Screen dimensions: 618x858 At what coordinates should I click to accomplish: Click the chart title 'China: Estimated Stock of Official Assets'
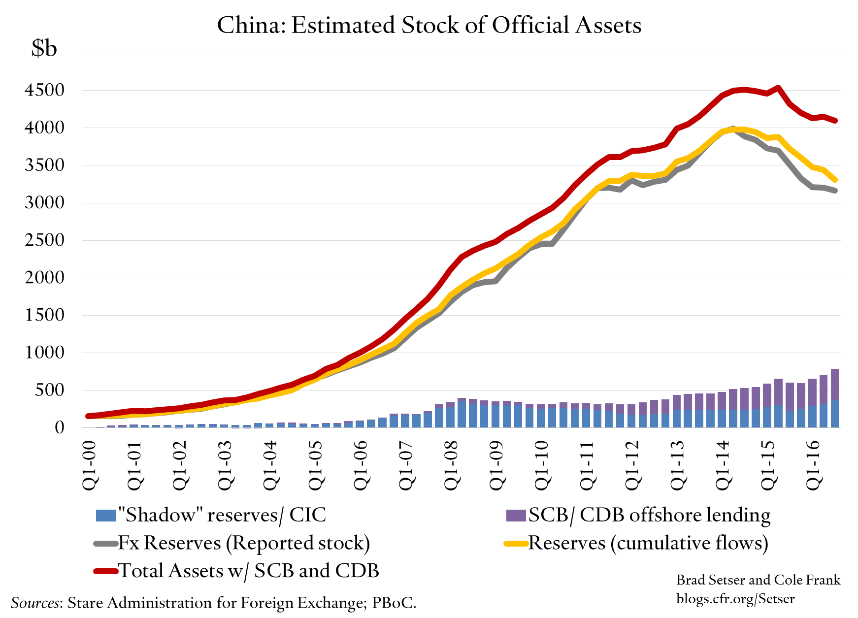tap(429, 26)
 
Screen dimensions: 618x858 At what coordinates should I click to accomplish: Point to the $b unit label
tap(44, 48)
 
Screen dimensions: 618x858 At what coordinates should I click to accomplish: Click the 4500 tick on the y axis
tap(44, 90)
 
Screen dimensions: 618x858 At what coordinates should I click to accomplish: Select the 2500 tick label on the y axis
tap(44, 240)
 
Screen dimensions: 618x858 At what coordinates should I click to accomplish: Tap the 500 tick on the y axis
tap(50, 390)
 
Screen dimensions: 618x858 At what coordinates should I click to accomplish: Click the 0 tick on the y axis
tap(59, 427)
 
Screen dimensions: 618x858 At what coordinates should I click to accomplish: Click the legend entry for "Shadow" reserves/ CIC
tap(212, 515)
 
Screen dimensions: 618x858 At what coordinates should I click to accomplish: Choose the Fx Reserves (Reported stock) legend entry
tap(232, 543)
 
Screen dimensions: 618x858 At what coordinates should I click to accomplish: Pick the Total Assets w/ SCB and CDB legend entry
tap(237, 571)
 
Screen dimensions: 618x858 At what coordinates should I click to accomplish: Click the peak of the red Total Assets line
tap(778, 88)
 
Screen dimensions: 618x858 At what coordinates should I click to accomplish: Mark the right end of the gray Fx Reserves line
tap(835, 191)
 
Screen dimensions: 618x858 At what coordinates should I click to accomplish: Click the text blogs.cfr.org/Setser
tap(735, 599)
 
